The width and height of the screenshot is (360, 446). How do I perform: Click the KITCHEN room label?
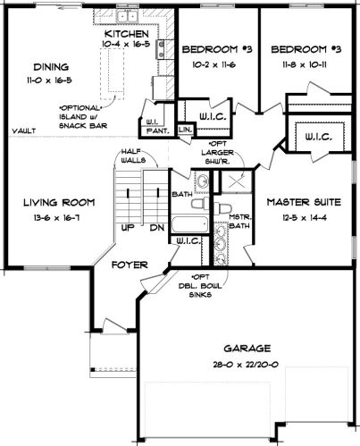click(126, 34)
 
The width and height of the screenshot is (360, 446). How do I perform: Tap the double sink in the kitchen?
click(127, 15)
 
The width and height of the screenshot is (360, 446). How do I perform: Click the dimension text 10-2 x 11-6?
click(213, 64)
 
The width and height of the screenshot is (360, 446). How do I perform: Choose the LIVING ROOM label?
click(59, 203)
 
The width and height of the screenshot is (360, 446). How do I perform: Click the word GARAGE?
click(247, 349)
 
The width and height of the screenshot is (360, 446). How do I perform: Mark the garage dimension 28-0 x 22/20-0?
click(246, 365)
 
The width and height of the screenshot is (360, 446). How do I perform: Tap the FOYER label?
click(130, 265)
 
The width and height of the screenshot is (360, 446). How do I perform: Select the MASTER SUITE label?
click(304, 202)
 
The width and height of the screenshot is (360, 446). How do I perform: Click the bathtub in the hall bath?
click(190, 224)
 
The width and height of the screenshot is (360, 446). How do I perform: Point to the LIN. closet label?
click(185, 130)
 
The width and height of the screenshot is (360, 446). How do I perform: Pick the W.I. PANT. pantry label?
click(157, 126)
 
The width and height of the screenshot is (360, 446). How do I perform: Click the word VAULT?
click(24, 130)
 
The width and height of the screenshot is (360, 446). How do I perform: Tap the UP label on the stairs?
click(128, 228)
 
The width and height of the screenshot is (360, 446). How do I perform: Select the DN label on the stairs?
click(157, 228)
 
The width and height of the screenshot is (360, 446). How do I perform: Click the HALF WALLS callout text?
click(133, 156)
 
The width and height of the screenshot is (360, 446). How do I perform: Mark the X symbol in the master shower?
click(237, 181)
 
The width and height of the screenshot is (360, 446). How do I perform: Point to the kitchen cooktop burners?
click(161, 48)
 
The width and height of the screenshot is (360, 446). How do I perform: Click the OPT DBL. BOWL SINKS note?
click(200, 285)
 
